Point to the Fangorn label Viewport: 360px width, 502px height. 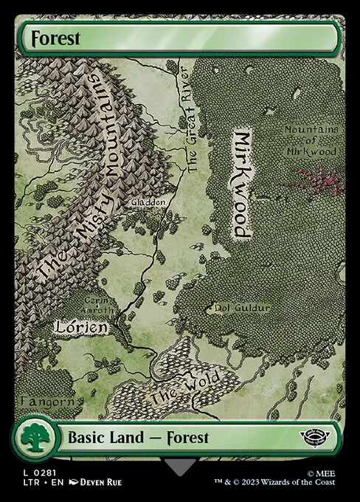tap(49, 401)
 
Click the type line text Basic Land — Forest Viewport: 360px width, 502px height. tap(138, 437)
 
